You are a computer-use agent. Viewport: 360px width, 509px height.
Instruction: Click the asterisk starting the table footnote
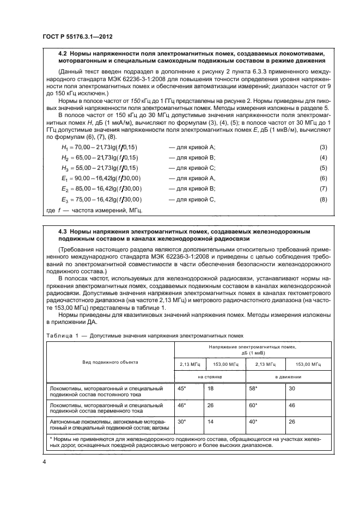(51, 438)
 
